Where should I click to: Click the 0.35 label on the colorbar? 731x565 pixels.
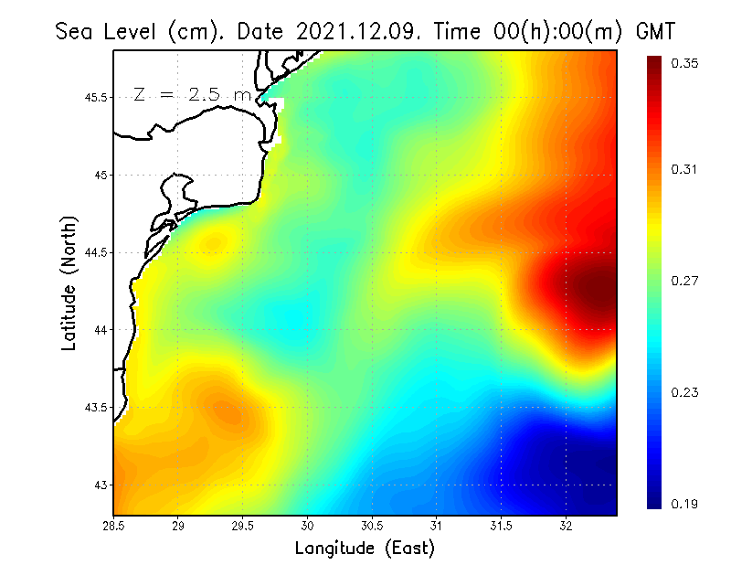(x=684, y=63)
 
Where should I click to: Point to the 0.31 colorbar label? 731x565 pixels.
(x=684, y=169)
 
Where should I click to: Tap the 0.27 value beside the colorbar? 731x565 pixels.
(x=684, y=281)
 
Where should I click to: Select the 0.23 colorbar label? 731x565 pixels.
(x=684, y=392)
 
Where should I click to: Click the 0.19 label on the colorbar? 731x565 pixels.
(x=684, y=504)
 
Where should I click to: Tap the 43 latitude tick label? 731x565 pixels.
(x=101, y=485)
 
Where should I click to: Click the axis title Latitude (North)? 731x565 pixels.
(x=69, y=282)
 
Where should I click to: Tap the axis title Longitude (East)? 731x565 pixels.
(x=365, y=548)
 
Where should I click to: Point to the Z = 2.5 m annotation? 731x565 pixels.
(x=191, y=94)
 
